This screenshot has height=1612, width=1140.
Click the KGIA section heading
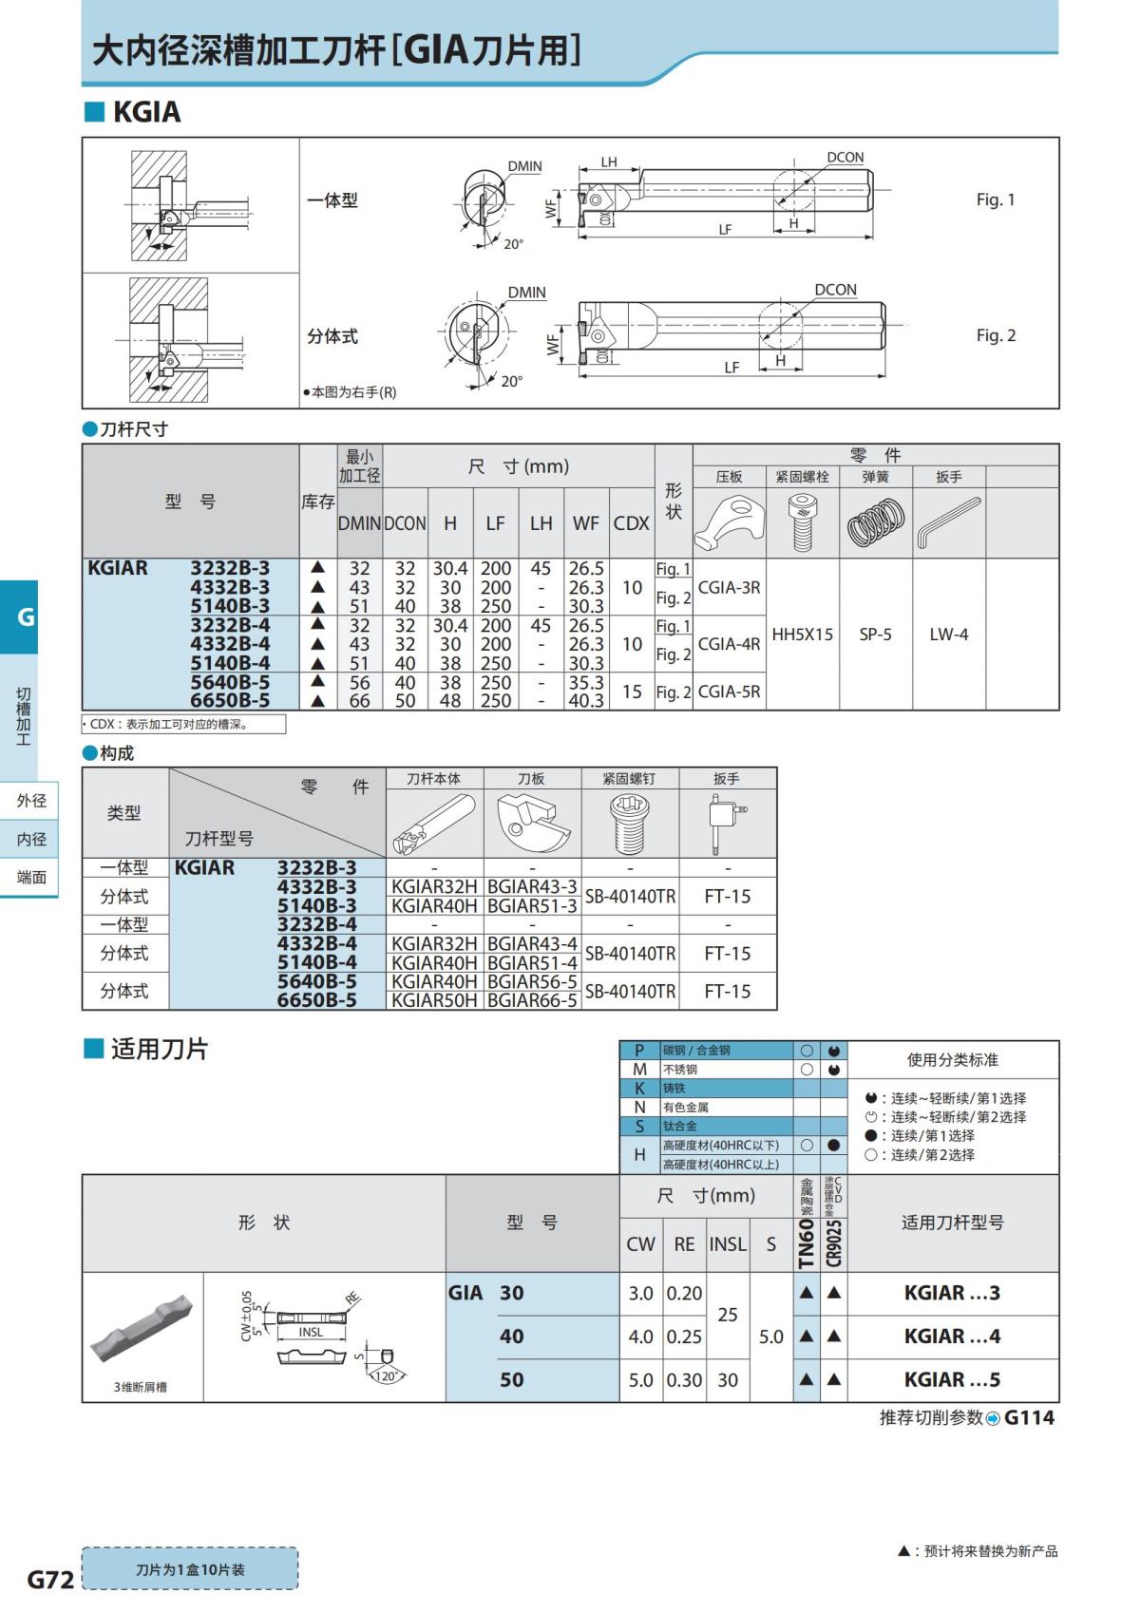pyautogui.click(x=147, y=112)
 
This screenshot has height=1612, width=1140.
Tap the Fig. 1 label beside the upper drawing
pyautogui.click(x=996, y=199)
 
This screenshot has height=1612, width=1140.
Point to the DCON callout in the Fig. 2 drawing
pyautogui.click(x=835, y=290)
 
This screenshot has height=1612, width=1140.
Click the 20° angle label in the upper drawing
pyautogui.click(x=513, y=244)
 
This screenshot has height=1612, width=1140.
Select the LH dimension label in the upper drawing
pyautogui.click(x=609, y=161)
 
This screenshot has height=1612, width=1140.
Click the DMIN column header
pyautogui.click(x=359, y=523)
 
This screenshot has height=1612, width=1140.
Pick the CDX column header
pyautogui.click(x=631, y=523)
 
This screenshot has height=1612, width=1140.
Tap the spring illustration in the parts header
pyautogui.click(x=875, y=522)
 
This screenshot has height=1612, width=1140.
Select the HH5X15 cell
pyautogui.click(x=802, y=634)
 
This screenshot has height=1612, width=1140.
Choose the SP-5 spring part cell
pyautogui.click(x=875, y=634)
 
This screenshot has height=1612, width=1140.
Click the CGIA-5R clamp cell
pyautogui.click(x=729, y=692)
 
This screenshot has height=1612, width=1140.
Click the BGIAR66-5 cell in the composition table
pyautogui.click(x=533, y=1000)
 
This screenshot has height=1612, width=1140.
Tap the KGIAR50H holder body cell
pyautogui.click(x=434, y=1000)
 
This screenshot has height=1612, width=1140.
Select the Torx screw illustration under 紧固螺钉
pyautogui.click(x=630, y=824)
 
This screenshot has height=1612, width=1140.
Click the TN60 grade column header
pyautogui.click(x=806, y=1242)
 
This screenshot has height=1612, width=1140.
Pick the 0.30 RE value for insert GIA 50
pyautogui.click(x=684, y=1379)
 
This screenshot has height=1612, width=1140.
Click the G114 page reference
pyautogui.click(x=1029, y=1417)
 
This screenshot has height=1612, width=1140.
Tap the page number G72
pyautogui.click(x=49, y=1580)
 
